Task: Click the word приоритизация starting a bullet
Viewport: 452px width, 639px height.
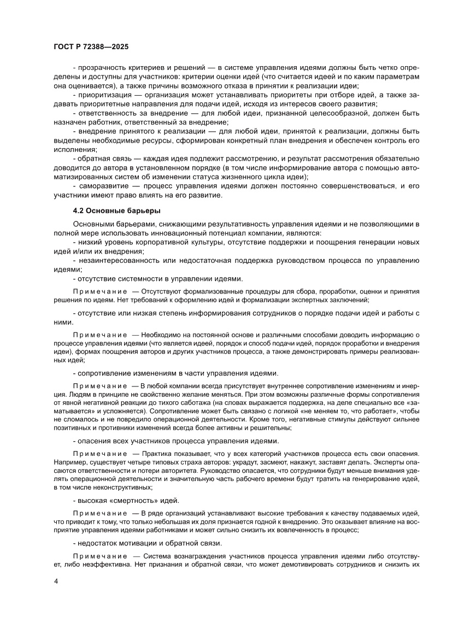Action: click(104, 95)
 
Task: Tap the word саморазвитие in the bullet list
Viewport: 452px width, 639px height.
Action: click(102, 186)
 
